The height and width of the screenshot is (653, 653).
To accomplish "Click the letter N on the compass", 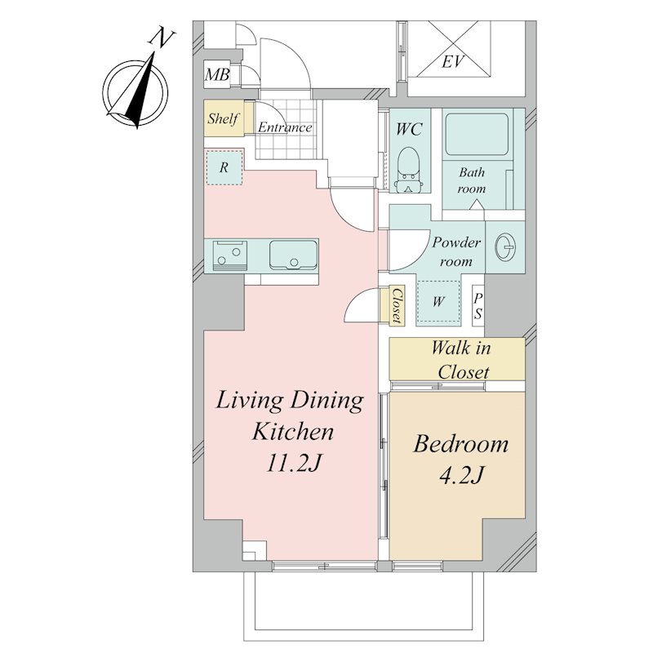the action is (162, 38).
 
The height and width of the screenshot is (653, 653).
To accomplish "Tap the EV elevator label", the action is (453, 62).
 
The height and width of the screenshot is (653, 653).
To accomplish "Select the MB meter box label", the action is (217, 75).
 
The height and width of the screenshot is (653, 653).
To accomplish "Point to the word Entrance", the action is (285, 127).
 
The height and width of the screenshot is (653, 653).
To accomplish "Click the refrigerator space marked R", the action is (224, 167).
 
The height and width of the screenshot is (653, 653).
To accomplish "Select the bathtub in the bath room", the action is (477, 134).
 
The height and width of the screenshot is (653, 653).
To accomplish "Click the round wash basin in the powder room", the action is (505, 247).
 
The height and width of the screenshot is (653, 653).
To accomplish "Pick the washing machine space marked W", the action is (438, 301).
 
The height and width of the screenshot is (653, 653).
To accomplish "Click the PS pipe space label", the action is (478, 306).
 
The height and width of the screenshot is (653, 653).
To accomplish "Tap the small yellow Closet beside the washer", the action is (396, 304).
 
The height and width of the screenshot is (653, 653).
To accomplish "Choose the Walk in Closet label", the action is (461, 359).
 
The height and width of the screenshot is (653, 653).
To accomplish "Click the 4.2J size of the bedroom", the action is (461, 474).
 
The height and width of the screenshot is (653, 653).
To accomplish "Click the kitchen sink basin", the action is (293, 255).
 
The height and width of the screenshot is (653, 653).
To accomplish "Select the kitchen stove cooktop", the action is (229, 255).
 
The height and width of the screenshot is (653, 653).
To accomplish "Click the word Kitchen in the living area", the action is (293, 432).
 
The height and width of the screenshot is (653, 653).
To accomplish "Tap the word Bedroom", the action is (461, 443).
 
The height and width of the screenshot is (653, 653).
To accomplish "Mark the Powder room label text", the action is (456, 251).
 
